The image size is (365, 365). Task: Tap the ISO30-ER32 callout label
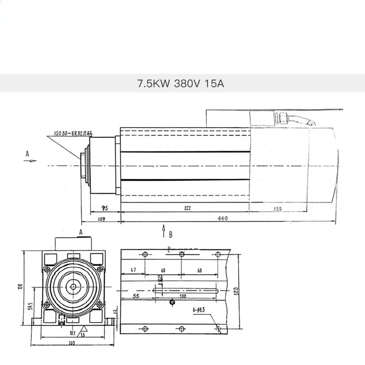point(73,134)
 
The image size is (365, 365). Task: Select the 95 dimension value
point(104,208)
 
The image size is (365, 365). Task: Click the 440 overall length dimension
point(222,219)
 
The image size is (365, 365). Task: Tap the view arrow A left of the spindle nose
point(27,155)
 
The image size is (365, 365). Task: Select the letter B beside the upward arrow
point(171,235)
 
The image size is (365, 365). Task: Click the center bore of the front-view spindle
point(72,287)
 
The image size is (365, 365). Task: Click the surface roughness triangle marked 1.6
point(83,332)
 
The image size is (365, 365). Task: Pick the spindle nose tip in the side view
point(80,164)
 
